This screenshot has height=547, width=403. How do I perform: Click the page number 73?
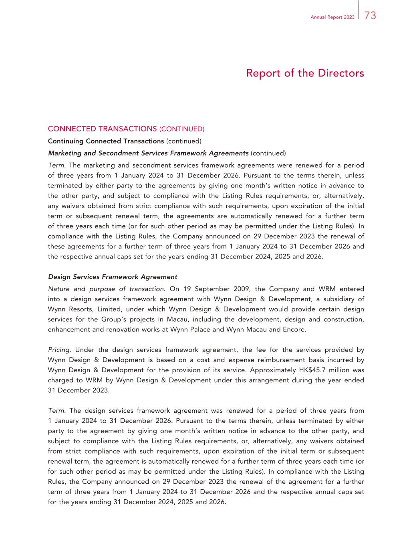tap(370, 16)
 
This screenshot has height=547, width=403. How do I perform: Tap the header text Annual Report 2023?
tap(332, 17)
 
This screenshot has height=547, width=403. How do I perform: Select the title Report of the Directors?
tap(305, 73)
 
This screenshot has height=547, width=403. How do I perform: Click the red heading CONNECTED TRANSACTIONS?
tap(102, 129)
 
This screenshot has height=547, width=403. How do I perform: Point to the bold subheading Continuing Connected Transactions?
tap(106, 141)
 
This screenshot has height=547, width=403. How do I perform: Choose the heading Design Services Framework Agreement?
tap(113, 277)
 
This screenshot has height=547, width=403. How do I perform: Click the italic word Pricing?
tap(60, 350)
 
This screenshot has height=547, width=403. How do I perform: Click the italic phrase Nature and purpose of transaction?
tap(106, 289)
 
